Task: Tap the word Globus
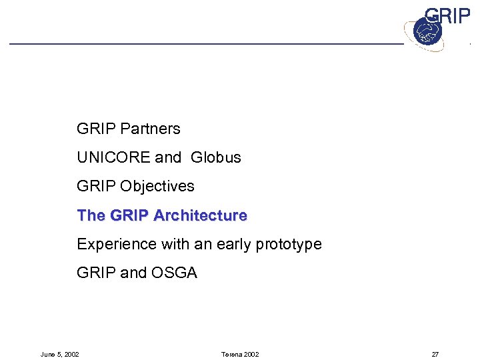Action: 215,157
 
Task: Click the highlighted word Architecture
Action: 200,215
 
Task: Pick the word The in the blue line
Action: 91,215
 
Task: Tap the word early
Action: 235,244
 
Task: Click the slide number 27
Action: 435,354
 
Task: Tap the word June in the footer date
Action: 49,354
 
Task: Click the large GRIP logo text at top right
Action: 447,15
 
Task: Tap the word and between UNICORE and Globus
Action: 168,157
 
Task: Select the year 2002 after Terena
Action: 251,354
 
